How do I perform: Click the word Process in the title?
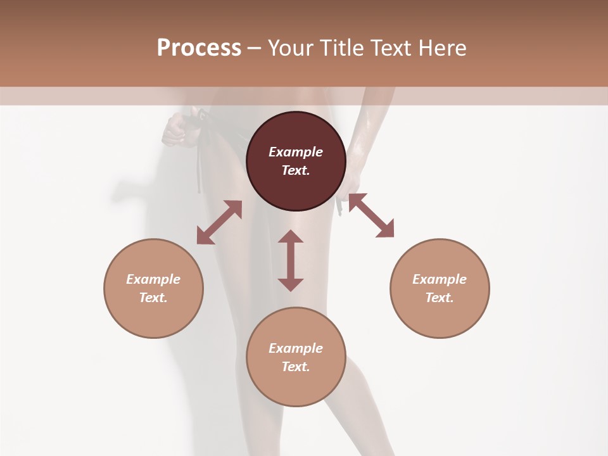(x=199, y=48)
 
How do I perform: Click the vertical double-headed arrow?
(x=291, y=260)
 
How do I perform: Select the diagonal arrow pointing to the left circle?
(x=219, y=222)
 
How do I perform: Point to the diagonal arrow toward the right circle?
(x=371, y=215)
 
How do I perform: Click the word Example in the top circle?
(x=296, y=152)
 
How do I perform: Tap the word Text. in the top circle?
(x=296, y=170)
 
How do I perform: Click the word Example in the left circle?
(x=153, y=279)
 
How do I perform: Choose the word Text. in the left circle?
(x=153, y=298)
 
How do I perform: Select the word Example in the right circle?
(x=440, y=279)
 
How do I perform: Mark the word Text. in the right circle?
(x=440, y=298)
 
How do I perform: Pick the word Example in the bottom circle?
(x=296, y=348)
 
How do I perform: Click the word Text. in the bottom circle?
(x=296, y=367)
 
